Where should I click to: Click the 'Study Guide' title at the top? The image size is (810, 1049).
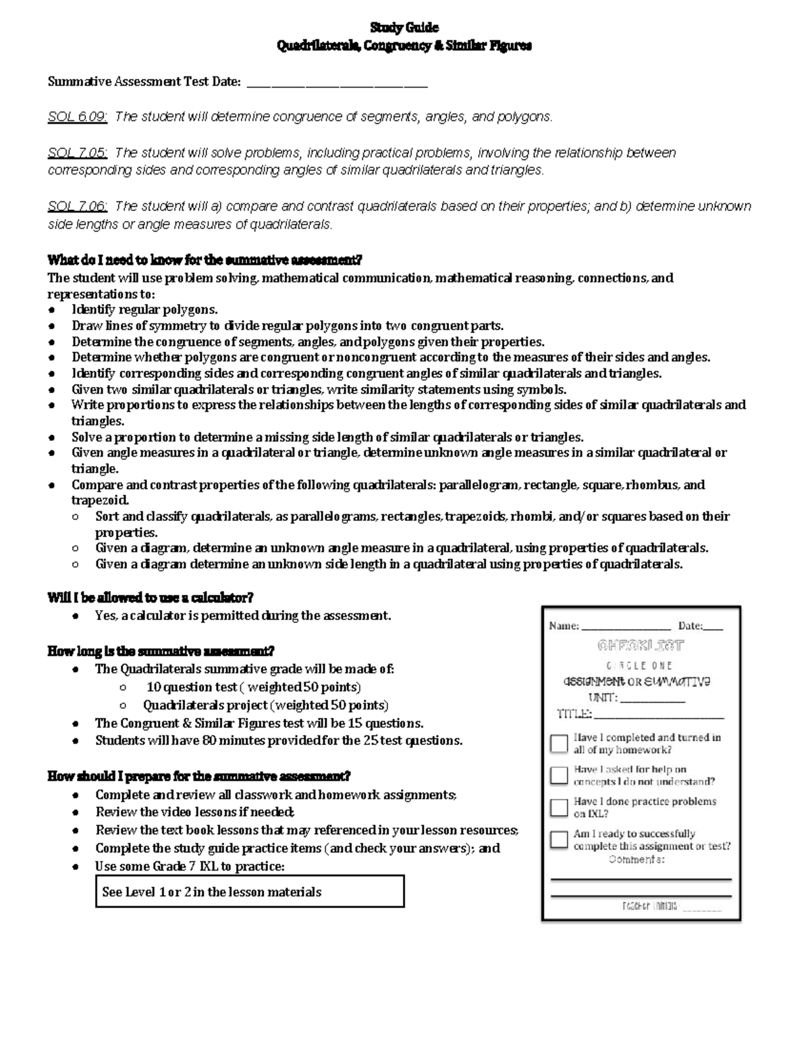point(404,28)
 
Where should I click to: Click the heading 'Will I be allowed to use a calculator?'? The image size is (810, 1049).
point(150,598)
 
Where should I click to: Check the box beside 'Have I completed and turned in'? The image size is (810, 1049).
point(559,744)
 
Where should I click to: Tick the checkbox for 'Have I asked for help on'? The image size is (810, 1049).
point(559,775)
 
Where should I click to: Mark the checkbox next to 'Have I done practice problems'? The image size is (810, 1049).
point(559,808)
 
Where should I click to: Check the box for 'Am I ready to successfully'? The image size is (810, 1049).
point(559,840)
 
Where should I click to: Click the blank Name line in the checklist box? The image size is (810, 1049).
point(626,628)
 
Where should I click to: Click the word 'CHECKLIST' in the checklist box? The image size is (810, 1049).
point(641,646)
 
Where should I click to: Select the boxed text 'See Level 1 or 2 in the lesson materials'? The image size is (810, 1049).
point(250,892)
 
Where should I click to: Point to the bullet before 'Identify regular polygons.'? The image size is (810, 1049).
point(52,310)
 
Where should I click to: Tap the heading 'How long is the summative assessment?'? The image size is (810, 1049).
point(161,652)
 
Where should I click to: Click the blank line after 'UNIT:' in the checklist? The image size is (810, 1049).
point(653,700)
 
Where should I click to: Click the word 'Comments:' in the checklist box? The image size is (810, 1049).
point(637,860)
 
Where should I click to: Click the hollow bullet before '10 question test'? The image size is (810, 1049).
point(122,688)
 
